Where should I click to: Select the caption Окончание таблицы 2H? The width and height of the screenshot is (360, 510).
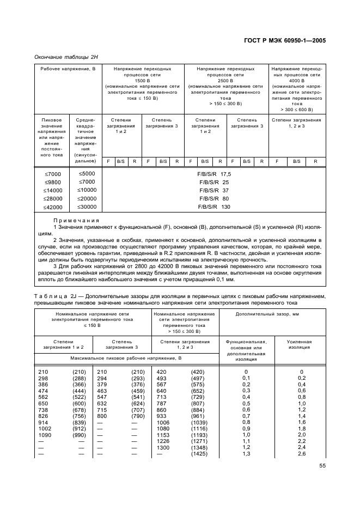tap(65, 57)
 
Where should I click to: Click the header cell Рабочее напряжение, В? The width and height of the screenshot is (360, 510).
tap(68, 69)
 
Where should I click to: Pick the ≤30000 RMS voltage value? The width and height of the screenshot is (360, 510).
tap(86, 207)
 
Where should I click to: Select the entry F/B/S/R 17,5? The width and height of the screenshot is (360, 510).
tap(214, 174)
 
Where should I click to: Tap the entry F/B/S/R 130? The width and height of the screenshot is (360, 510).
tap(214, 207)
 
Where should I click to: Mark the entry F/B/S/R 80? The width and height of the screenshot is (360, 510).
tap(214, 198)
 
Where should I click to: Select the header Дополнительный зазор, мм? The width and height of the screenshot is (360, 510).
tap(272, 314)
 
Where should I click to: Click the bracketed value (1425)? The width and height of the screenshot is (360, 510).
tap(198, 454)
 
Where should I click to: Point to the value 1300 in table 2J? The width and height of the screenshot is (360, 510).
tap(163, 447)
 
